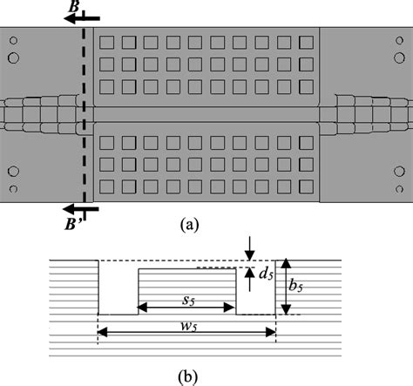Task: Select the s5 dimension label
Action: [x=187, y=298]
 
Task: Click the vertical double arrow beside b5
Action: [x=285, y=287]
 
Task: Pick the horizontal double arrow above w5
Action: [x=186, y=331]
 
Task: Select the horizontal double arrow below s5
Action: [x=187, y=308]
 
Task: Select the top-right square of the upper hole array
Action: [x=306, y=43]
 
